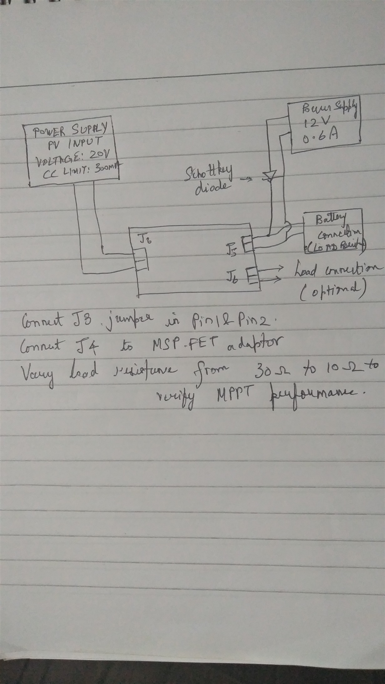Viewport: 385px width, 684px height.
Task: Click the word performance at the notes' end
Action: tap(316, 393)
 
